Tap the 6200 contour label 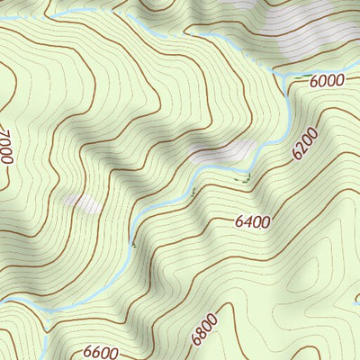tap(305, 143)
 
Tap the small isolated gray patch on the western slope tap(84, 204)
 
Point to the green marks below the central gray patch tap(241, 180)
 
